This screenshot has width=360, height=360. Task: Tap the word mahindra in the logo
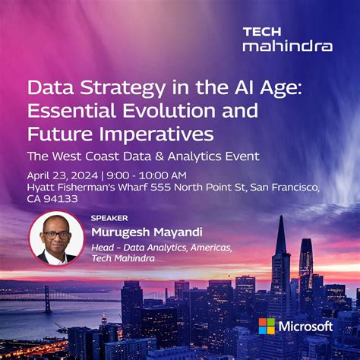tap(287, 46)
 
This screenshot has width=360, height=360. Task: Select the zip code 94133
tap(62, 199)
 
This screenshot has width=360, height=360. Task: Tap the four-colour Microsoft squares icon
tap(267, 327)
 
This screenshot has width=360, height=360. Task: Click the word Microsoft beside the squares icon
tap(306, 327)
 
